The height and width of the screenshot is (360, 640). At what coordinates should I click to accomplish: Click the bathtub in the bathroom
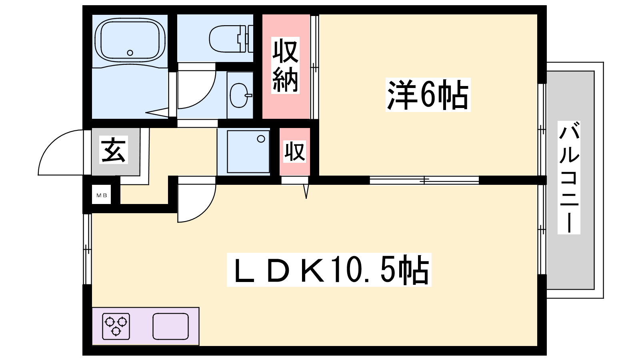tap(130, 40)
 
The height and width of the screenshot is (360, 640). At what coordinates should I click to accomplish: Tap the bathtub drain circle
tap(130, 53)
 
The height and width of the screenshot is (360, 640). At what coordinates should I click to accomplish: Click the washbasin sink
tap(240, 95)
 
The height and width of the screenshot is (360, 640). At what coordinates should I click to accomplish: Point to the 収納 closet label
tap(286, 65)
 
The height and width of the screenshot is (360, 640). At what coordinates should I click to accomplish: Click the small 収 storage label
tap(295, 152)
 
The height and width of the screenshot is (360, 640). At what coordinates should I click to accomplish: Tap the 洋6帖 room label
tap(428, 94)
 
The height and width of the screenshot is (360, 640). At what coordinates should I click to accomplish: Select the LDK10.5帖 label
tap(329, 270)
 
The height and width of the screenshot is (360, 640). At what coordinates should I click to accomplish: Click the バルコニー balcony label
tap(569, 178)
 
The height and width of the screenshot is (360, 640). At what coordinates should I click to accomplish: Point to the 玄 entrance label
tap(114, 150)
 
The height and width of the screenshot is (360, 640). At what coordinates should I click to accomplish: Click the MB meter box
tap(102, 195)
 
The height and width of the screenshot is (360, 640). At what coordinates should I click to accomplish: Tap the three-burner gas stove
tap(116, 326)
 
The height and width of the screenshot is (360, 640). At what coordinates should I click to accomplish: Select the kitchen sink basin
tap(170, 326)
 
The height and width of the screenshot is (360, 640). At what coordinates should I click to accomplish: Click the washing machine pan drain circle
tap(261, 139)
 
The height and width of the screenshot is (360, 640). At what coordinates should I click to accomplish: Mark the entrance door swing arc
tap(61, 152)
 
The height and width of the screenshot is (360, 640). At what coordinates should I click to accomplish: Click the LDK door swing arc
tap(197, 203)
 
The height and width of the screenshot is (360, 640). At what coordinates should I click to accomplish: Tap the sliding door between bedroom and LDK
tap(424, 180)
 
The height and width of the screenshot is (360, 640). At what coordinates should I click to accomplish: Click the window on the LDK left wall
tap(87, 249)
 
